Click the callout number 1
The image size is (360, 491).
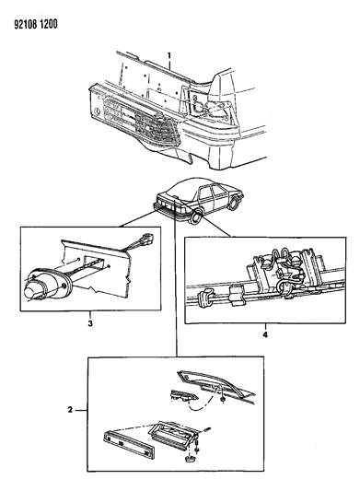(x=169, y=56)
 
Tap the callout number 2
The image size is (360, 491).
(x=70, y=410)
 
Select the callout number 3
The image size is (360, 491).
(x=90, y=323)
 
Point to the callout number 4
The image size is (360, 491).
(x=265, y=335)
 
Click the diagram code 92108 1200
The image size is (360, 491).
(x=35, y=25)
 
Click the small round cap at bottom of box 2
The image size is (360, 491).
(x=189, y=459)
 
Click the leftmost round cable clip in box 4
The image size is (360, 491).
(x=204, y=297)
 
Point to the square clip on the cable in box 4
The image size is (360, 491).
(x=236, y=295)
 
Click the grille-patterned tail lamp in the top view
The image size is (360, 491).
(x=138, y=121)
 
